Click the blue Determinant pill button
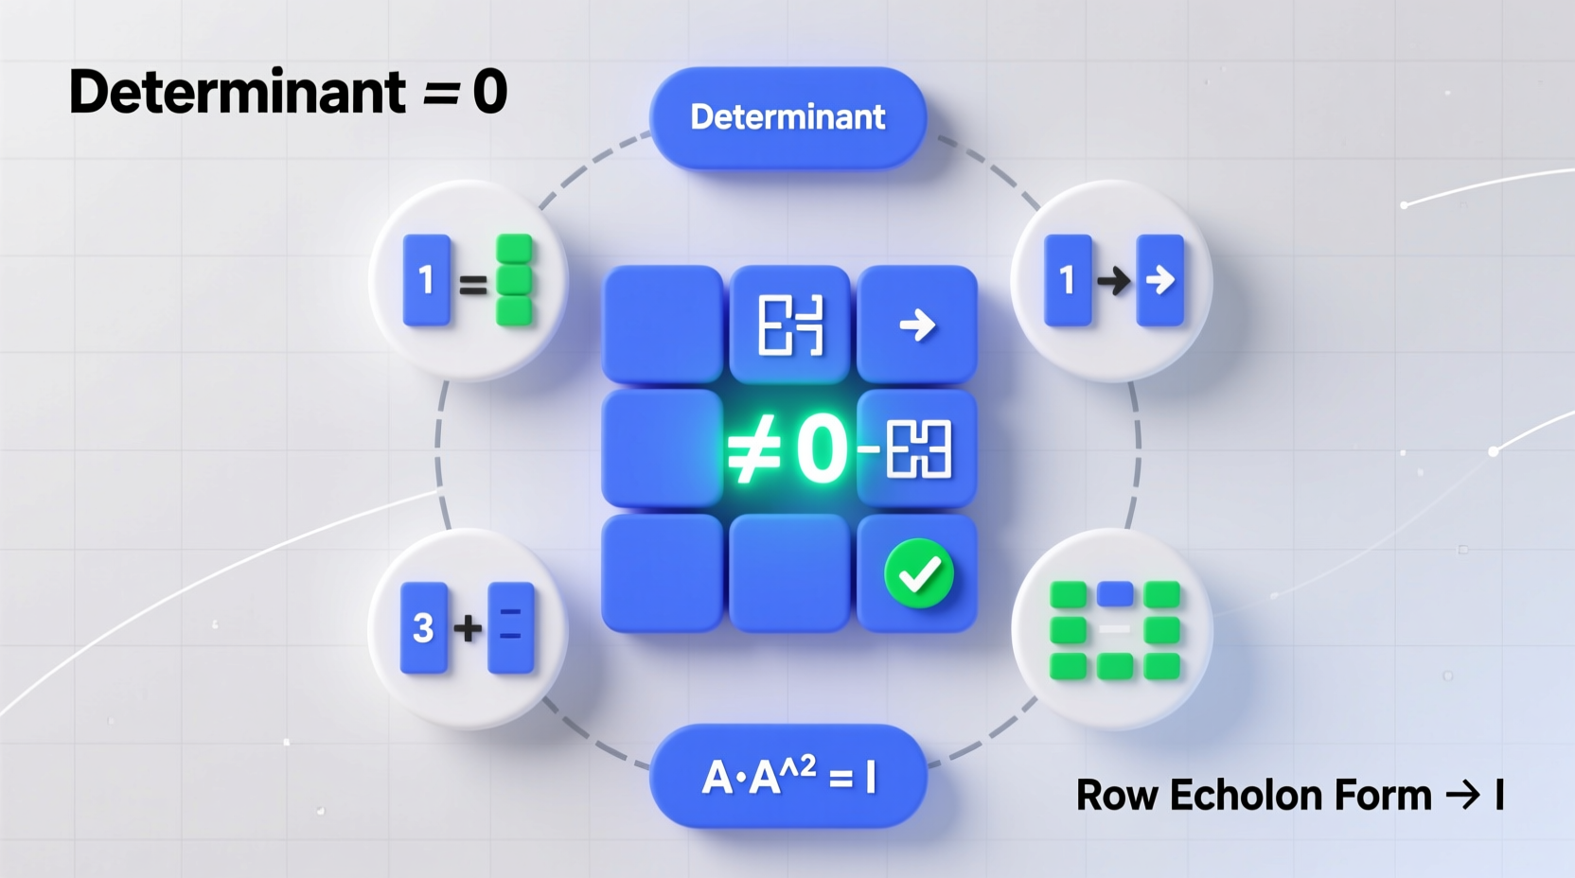[x=787, y=117]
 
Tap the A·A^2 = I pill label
[x=787, y=777]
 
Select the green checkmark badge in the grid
[x=918, y=572]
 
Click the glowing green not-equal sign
[x=753, y=450]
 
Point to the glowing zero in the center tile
[x=821, y=450]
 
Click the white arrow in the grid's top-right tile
[x=916, y=325]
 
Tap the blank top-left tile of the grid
[x=663, y=325]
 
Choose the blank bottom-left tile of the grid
[x=663, y=572]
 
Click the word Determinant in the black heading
[x=237, y=93]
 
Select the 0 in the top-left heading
[x=489, y=93]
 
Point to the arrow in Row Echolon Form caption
[x=1462, y=796]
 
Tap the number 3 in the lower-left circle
[x=424, y=628]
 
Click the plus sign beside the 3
[x=468, y=627]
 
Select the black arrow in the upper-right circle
[x=1113, y=280]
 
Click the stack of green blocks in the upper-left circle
[x=514, y=280]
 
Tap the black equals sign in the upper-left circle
[x=472, y=283]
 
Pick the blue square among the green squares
[x=1115, y=593]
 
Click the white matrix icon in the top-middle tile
[x=790, y=325]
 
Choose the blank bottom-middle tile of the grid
[x=789, y=572]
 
